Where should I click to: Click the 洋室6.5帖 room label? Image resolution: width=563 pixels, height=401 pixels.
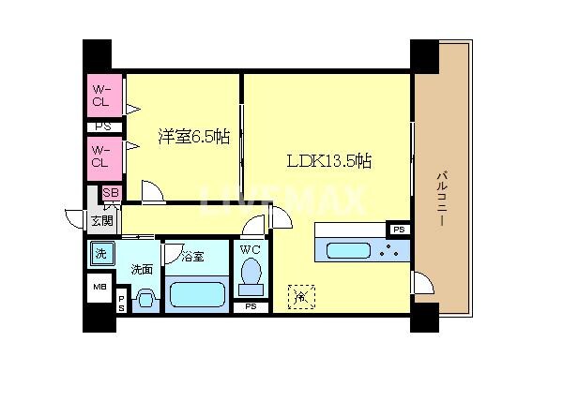click(x=193, y=137)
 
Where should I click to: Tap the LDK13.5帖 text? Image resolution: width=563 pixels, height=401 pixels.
click(x=328, y=160)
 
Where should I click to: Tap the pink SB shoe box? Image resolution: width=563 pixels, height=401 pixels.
click(x=111, y=194)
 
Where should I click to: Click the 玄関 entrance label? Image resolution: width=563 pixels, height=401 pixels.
click(x=101, y=221)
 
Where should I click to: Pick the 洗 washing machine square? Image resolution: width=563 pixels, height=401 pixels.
click(x=100, y=253)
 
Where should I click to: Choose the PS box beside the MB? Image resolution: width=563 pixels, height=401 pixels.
click(x=122, y=302)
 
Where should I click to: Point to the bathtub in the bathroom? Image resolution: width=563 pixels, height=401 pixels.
click(x=196, y=296)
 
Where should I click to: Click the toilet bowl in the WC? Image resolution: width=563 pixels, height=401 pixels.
click(x=251, y=275)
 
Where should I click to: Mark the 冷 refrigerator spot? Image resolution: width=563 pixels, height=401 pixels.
click(x=300, y=297)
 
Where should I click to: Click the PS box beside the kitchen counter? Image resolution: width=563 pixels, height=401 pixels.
click(x=399, y=230)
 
